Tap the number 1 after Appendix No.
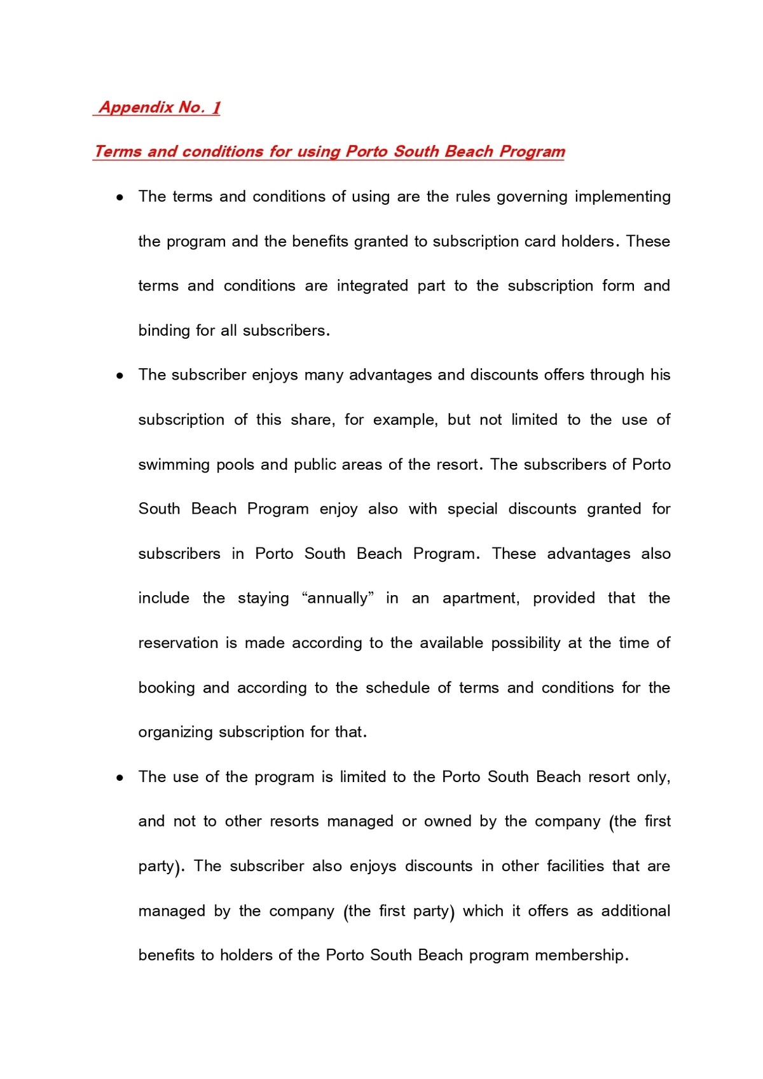[216, 107]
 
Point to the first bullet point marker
[120, 198]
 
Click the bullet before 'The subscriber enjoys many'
[120, 376]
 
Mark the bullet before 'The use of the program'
[120, 778]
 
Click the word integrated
[372, 286]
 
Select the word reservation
[178, 643]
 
